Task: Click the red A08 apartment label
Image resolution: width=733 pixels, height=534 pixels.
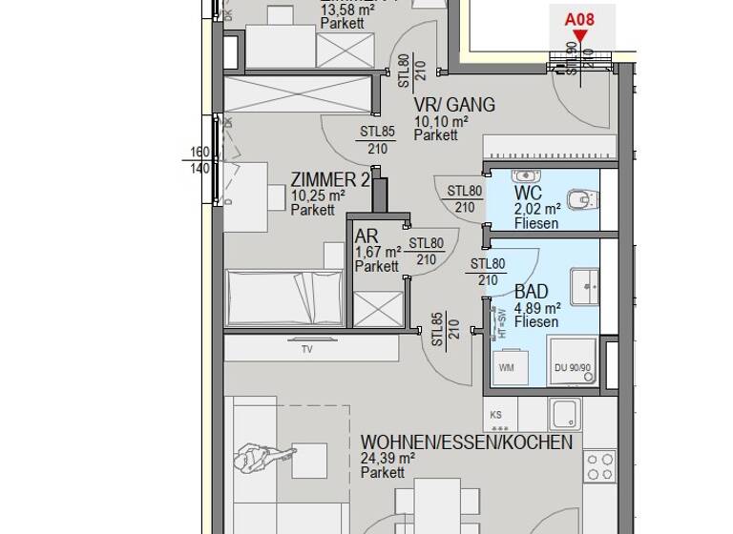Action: pyautogui.click(x=579, y=18)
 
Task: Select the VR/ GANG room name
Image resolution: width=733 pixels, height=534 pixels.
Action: pyautogui.click(x=453, y=105)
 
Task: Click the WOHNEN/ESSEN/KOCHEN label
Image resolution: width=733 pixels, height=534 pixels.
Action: pyautogui.click(x=467, y=442)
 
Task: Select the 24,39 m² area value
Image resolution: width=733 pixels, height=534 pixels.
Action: pyautogui.click(x=387, y=459)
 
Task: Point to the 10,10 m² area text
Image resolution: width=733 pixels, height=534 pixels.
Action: pyautogui.click(x=440, y=122)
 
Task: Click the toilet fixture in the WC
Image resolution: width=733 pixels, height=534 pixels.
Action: pyautogui.click(x=579, y=200)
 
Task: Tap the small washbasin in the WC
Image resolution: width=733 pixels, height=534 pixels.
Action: pyautogui.click(x=526, y=176)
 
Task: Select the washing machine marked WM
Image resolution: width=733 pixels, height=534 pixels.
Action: pyautogui.click(x=507, y=367)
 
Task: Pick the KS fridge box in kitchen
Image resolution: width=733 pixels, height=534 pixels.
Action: pyautogui.click(x=496, y=415)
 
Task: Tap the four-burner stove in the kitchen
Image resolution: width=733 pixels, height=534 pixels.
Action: pyautogui.click(x=599, y=467)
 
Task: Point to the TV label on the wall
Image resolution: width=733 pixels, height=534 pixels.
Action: pyautogui.click(x=306, y=350)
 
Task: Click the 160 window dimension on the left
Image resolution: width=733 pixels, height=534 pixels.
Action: pyautogui.click(x=199, y=152)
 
